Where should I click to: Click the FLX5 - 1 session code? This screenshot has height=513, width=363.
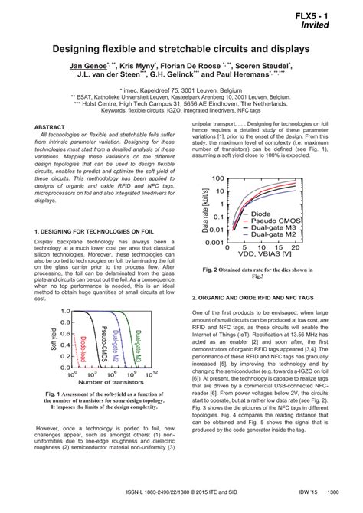[x=325, y=15]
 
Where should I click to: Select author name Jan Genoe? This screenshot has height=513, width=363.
[x=88, y=66]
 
